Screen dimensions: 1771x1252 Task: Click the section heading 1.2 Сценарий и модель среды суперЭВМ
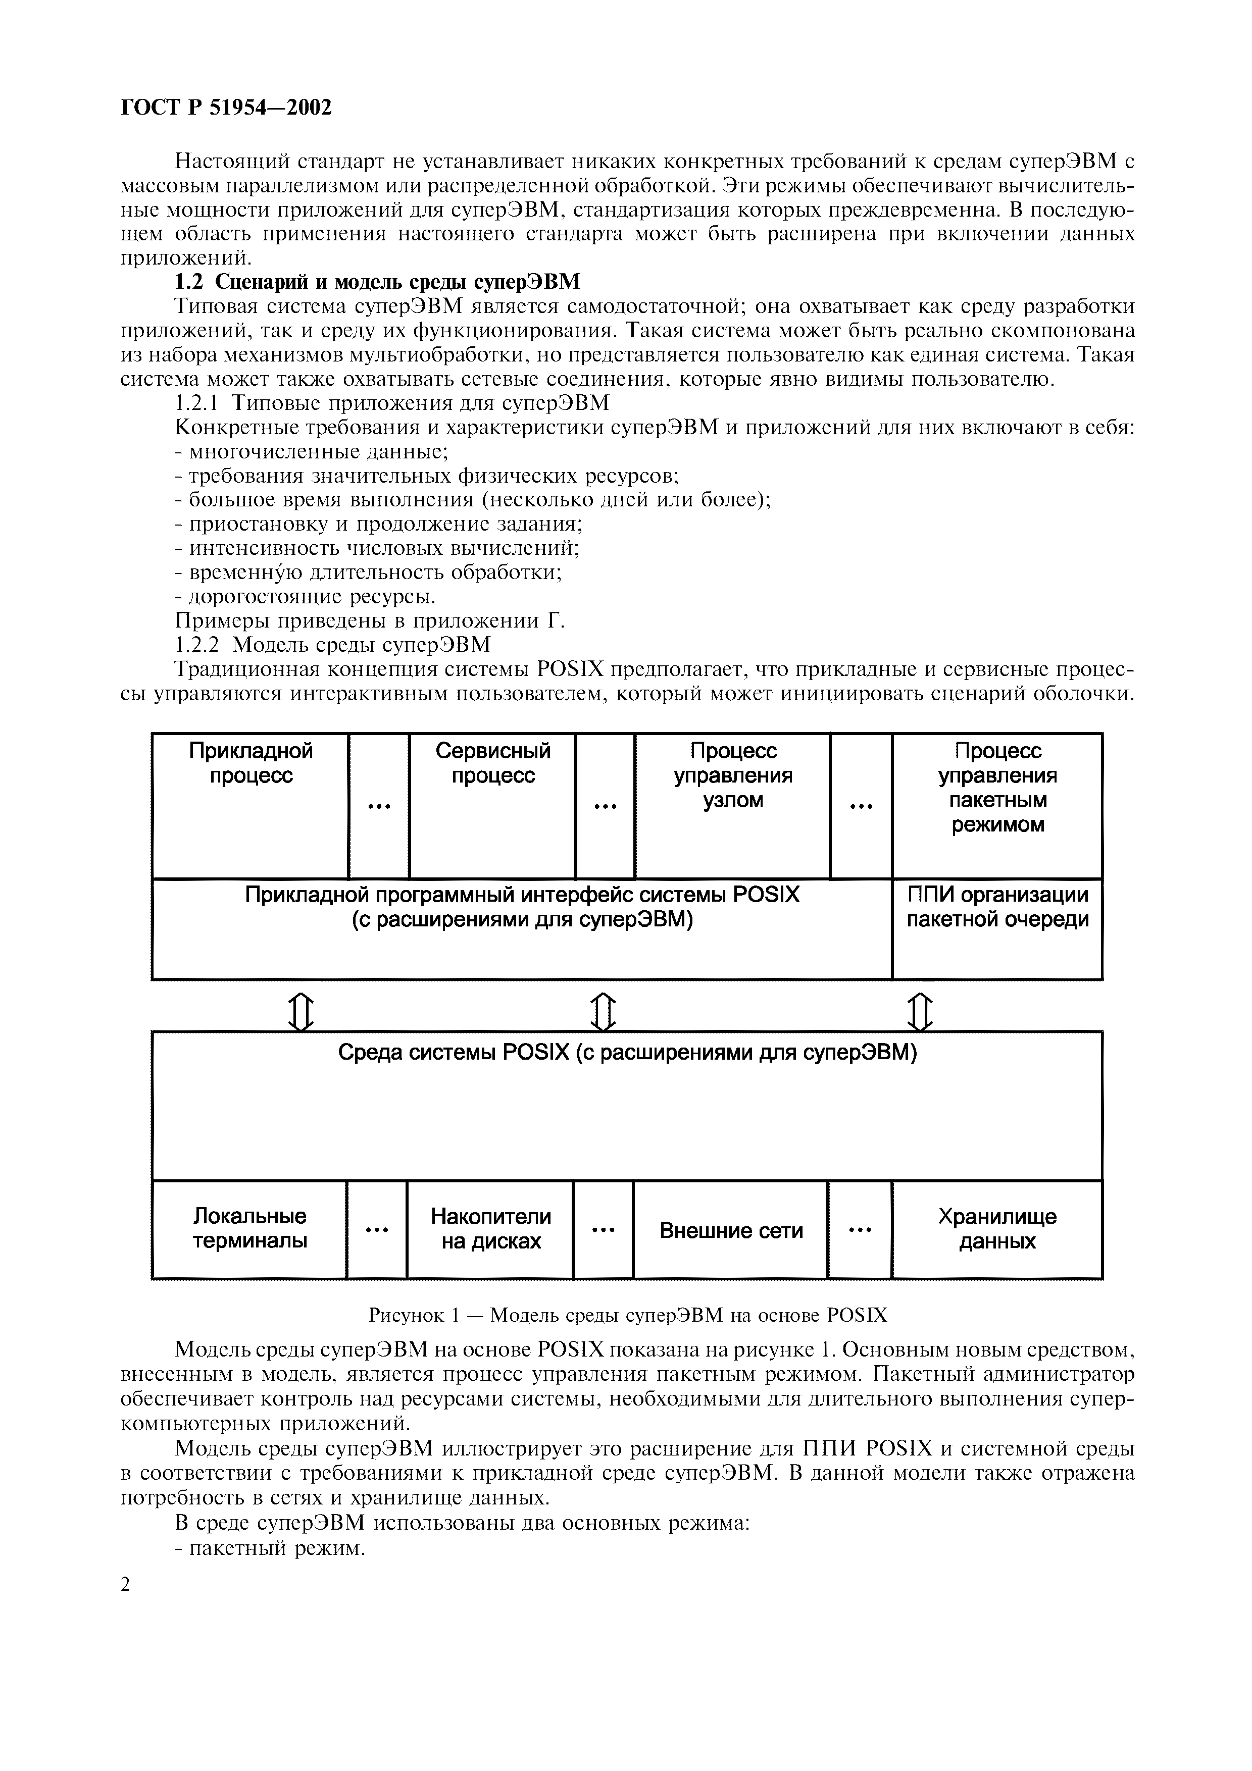(377, 282)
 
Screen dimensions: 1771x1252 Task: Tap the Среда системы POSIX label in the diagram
(627, 1053)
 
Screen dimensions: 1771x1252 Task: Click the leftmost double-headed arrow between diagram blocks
(302, 1011)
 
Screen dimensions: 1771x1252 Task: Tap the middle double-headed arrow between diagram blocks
(604, 1011)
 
